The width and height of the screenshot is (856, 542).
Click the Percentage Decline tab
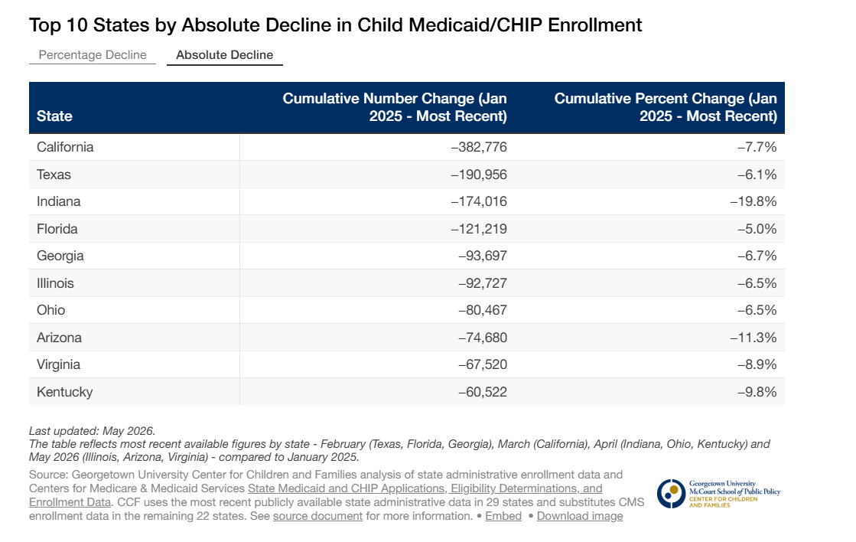pyautogui.click(x=93, y=54)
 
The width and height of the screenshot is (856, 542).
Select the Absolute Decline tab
pyautogui.click(x=224, y=54)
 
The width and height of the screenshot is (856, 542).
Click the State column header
pyautogui.click(x=54, y=116)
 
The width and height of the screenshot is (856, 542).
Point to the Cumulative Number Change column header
pyautogui.click(x=395, y=107)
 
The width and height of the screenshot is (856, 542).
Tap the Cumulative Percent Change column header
pyautogui.click(x=666, y=107)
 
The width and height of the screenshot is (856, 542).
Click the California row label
pyautogui.click(x=65, y=147)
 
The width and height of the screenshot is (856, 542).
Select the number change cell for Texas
pyautogui.click(x=479, y=175)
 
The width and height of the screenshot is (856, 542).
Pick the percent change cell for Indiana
pyautogui.click(x=753, y=201)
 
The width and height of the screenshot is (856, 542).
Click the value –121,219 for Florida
pyautogui.click(x=479, y=228)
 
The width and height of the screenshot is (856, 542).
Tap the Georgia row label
pyautogui.click(x=60, y=256)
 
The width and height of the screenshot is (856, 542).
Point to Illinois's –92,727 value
pyautogui.click(x=483, y=283)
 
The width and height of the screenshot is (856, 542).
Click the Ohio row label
pyautogui.click(x=50, y=310)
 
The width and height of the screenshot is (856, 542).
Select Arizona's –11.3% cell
pyautogui.click(x=753, y=337)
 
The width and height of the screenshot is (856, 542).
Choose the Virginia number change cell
pyautogui.click(x=483, y=364)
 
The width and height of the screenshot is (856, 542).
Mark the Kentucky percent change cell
pyautogui.click(x=757, y=392)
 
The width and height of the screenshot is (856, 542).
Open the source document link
pyautogui.click(x=317, y=516)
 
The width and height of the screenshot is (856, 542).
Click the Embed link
pyautogui.click(x=503, y=516)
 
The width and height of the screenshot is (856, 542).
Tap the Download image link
pyautogui.click(x=580, y=516)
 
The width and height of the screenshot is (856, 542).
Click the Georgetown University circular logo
pyautogui.click(x=671, y=494)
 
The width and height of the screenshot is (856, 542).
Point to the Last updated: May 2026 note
pyautogui.click(x=93, y=431)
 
